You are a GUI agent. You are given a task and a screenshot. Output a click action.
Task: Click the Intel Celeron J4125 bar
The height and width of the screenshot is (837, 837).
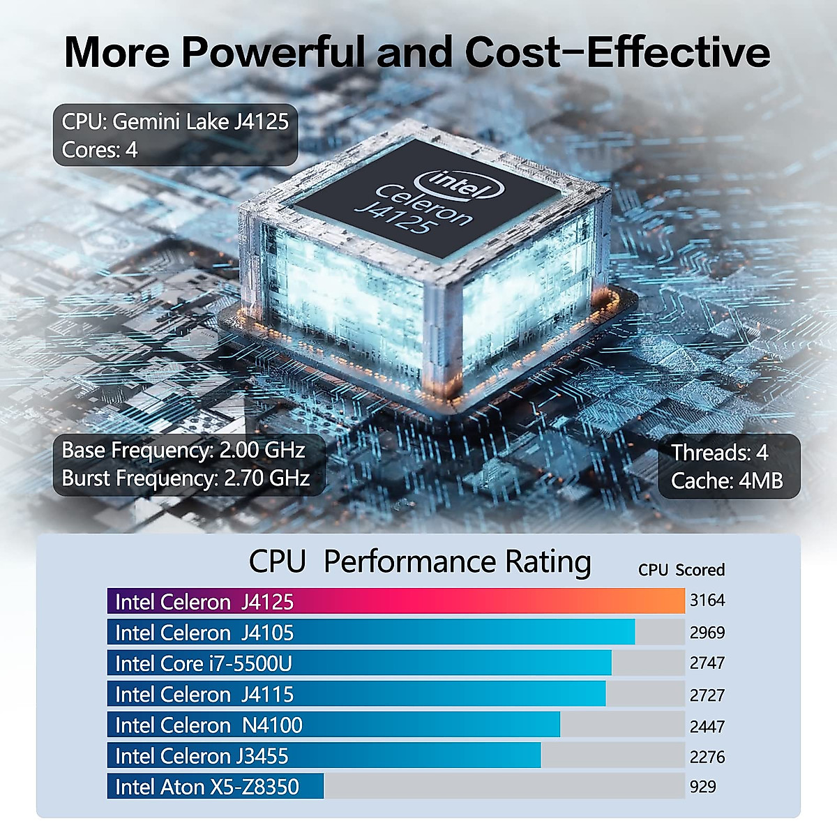coord(395,601)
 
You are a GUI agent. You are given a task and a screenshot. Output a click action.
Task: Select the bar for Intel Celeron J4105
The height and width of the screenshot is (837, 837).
coord(371,632)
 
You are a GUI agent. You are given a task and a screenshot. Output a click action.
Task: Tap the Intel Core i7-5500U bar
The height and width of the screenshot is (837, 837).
coord(359,663)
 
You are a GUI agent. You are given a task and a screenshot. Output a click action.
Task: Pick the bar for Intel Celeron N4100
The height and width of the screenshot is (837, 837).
coord(333,725)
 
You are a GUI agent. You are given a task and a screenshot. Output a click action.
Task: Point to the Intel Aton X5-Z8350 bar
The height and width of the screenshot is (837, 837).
coord(215,786)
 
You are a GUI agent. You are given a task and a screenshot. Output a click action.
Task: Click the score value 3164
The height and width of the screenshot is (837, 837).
coord(707,600)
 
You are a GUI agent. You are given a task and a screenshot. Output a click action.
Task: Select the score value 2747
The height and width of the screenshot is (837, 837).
coord(707,663)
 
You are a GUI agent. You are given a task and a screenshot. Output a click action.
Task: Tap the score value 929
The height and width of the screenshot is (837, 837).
coord(702,786)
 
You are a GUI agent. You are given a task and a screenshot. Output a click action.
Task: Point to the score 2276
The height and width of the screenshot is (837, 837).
coord(707,756)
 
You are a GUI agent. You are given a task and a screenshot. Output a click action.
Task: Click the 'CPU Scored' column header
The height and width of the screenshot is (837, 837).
coord(681,570)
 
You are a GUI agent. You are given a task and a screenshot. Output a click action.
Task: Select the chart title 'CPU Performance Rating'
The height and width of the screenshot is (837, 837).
coord(419,561)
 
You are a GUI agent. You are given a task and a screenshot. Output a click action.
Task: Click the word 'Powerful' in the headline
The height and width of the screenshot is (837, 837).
coord(273,52)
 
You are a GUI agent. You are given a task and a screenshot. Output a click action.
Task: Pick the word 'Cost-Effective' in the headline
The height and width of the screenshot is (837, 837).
coord(617,52)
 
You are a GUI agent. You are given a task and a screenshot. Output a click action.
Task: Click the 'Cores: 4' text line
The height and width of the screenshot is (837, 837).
coord(100,150)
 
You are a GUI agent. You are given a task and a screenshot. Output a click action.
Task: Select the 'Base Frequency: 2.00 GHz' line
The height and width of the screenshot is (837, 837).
coord(183,450)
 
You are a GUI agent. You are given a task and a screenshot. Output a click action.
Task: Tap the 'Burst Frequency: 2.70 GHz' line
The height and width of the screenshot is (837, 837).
coord(186,478)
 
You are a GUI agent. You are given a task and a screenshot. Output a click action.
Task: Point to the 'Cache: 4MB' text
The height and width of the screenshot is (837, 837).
coord(726,481)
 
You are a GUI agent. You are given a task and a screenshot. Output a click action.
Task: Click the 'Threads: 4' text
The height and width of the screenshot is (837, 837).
coord(719,453)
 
